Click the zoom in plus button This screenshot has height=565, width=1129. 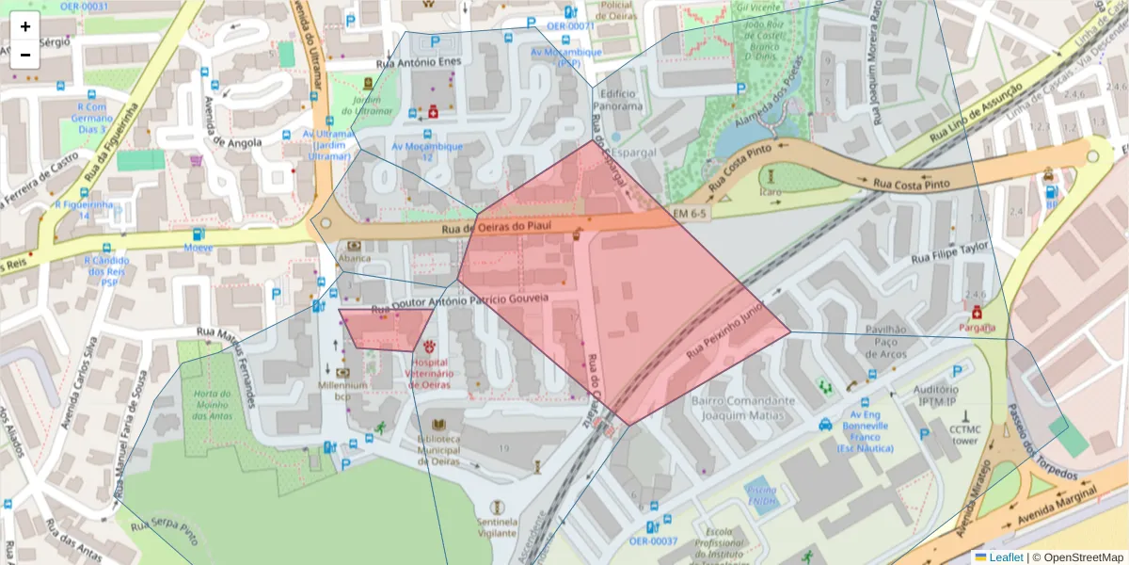pyautogui.click(x=25, y=26)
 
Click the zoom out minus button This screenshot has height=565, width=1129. pyautogui.click(x=25, y=55)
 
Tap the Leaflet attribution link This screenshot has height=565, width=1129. pyautogui.click(x=998, y=557)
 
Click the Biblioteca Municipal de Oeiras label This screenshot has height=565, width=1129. pyautogui.click(x=439, y=449)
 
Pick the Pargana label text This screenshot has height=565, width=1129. pyautogui.click(x=977, y=327)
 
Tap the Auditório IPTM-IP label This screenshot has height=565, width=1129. pyautogui.click(x=936, y=395)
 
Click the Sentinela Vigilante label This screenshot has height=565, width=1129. pyautogui.click(x=497, y=526)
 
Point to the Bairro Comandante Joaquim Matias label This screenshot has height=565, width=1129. pyautogui.click(x=743, y=407)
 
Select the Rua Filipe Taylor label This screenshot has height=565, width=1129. pyautogui.click(x=951, y=251)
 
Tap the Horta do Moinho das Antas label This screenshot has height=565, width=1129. pyautogui.click(x=212, y=405)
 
